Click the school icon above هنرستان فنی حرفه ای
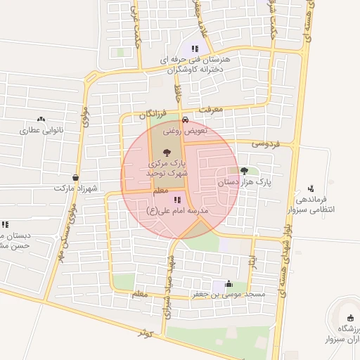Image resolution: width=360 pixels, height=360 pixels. click(185, 49)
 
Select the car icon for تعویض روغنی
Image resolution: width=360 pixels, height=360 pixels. click(185, 119)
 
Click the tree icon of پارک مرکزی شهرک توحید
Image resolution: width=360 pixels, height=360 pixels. click(166, 152)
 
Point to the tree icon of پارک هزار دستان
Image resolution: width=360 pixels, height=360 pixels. click(244, 170)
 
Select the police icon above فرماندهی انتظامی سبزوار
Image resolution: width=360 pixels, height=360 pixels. click(311, 188)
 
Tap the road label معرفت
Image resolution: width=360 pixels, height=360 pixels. click(210, 110)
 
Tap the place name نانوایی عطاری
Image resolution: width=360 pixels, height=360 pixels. click(41, 130)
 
